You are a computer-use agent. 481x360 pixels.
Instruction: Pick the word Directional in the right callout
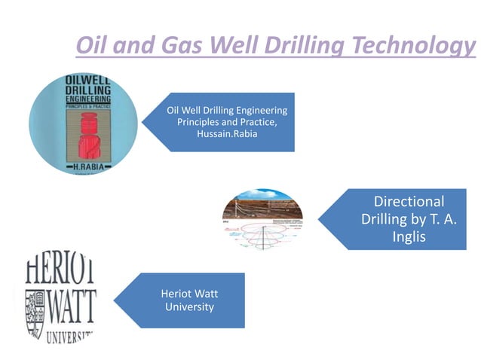(x=409, y=201)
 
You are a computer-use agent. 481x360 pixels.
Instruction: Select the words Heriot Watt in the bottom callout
(x=189, y=294)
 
